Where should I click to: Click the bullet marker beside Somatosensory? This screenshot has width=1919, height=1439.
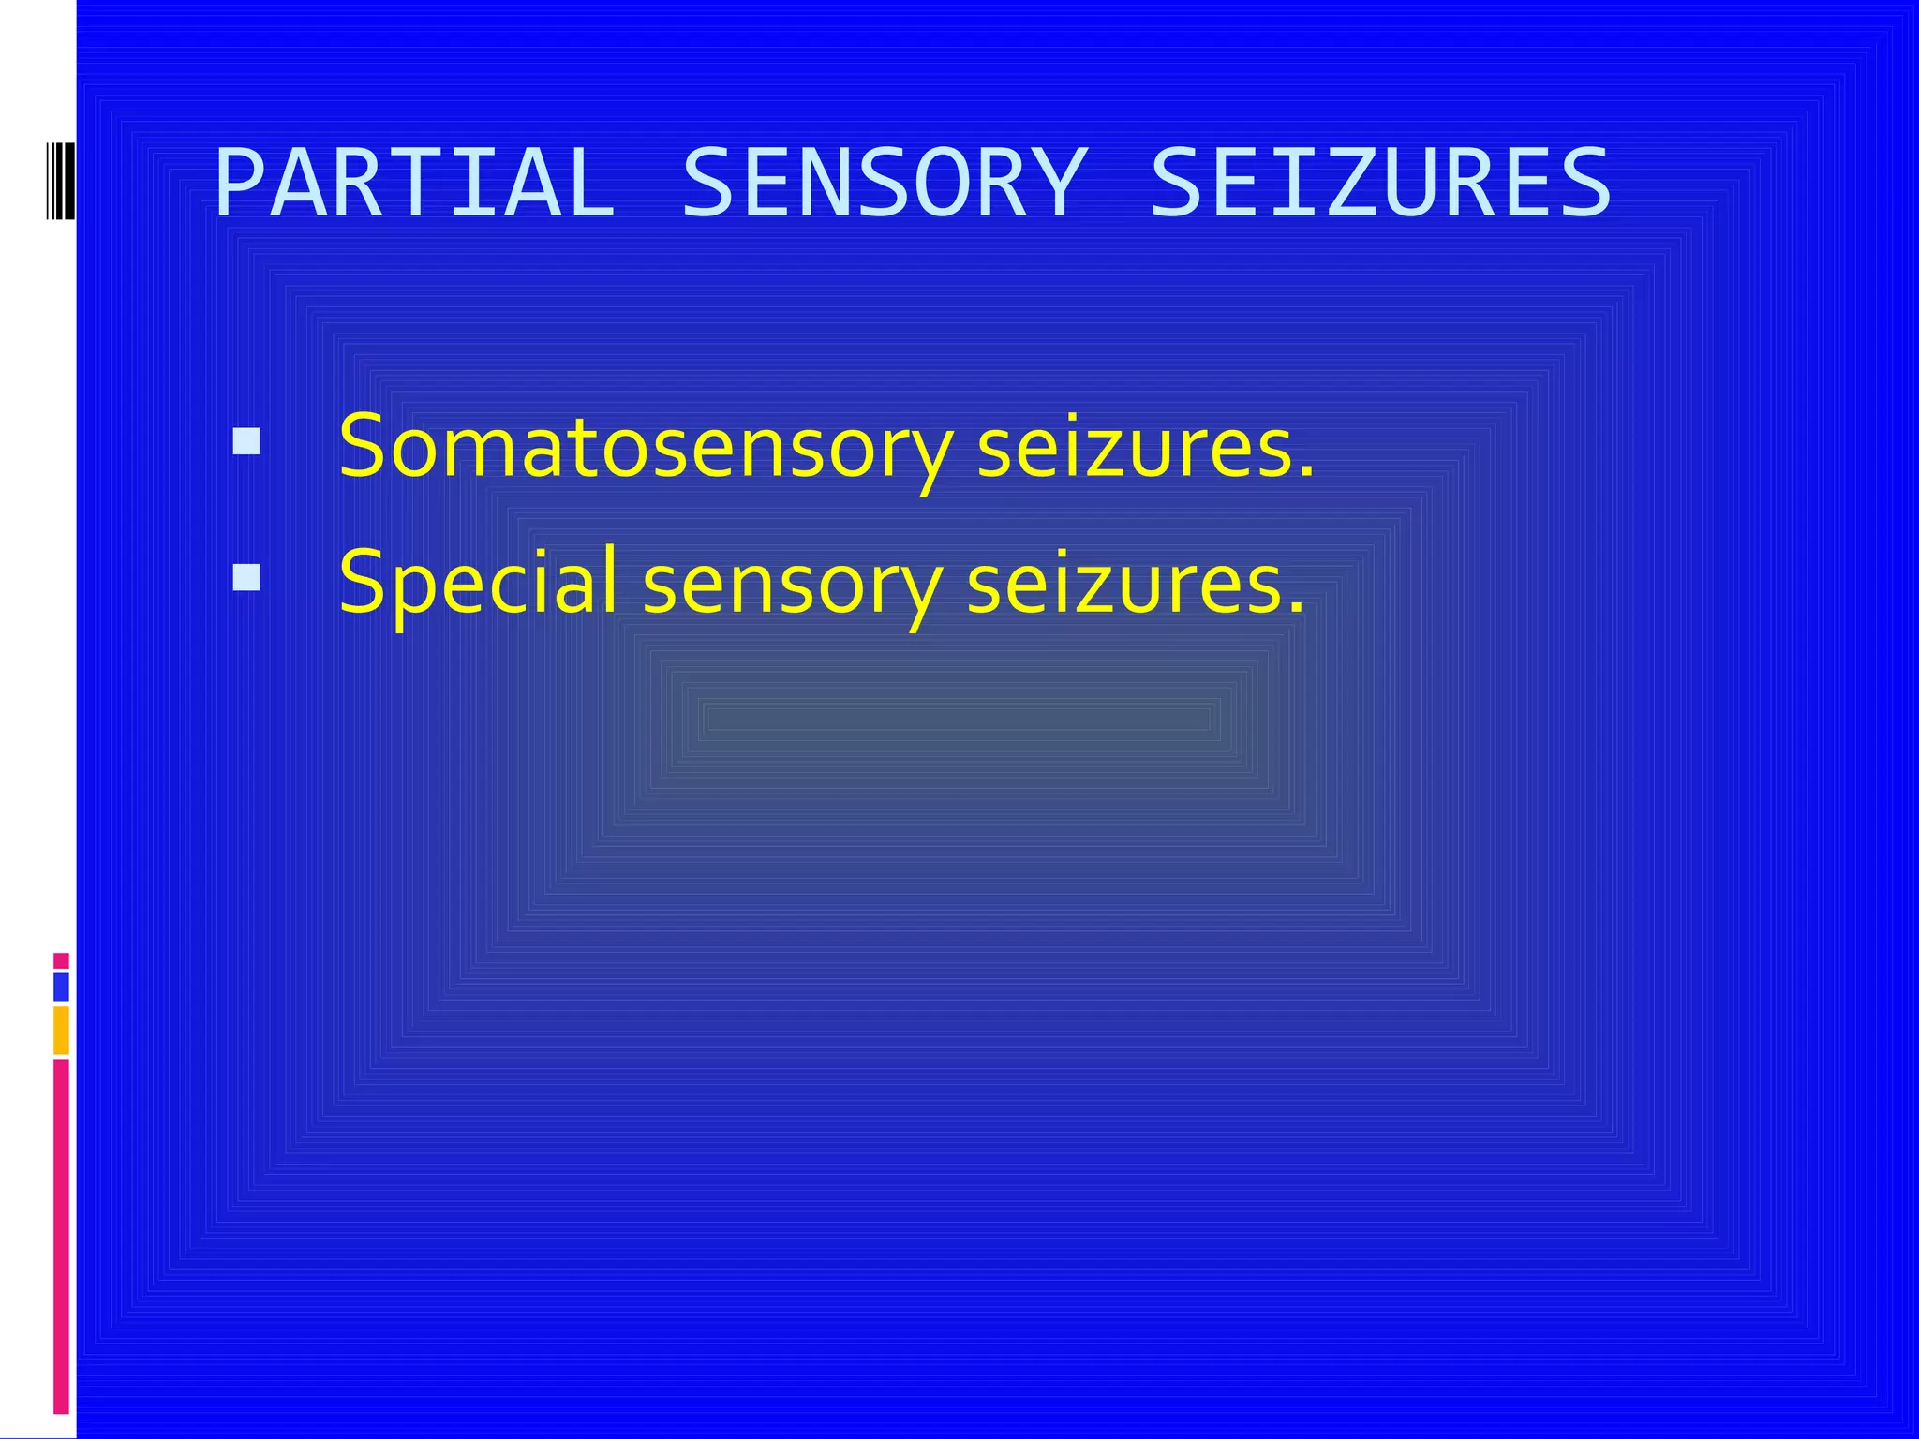coord(246,441)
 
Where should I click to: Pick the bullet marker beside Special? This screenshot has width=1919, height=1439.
coord(246,577)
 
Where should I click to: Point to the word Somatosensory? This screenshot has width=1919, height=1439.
coord(645,448)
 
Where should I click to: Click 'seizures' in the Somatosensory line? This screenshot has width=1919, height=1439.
coord(1134,448)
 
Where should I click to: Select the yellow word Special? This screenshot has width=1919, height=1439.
coord(478,583)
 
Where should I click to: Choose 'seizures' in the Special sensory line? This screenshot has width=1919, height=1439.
coord(1124,583)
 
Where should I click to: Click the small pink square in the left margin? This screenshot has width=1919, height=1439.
coord(61,961)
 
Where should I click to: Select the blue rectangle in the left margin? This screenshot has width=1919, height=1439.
coord(61,987)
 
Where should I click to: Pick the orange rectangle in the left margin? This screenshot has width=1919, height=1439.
coord(61,1030)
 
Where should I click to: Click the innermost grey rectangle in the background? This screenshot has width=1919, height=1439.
coord(959,719)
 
